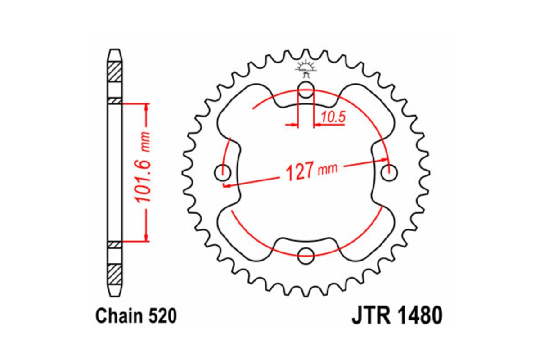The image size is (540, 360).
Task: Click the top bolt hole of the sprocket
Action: [x=306, y=89]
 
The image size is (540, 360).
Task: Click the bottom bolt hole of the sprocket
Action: [x=306, y=255]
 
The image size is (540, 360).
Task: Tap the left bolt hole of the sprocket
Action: [x=223, y=172]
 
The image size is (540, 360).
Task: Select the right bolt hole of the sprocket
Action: [x=389, y=172]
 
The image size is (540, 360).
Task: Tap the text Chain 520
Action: [x=135, y=316]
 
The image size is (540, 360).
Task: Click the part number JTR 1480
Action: [x=396, y=316]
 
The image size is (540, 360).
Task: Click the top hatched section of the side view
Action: [x=115, y=71]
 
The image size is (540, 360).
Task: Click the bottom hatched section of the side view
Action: [x=115, y=274]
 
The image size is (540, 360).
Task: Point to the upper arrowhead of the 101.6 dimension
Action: [x=146, y=108]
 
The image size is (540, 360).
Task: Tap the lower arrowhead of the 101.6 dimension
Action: [x=146, y=237]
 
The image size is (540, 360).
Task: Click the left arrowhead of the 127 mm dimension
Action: [x=228, y=184]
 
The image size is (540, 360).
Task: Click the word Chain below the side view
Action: [x=118, y=316]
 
